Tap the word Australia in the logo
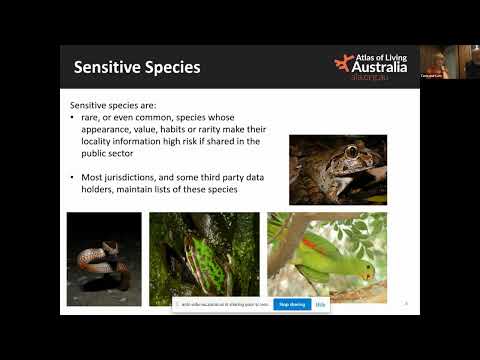coord(384,67)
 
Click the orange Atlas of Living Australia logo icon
coord(343,63)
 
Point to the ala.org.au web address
coord(376,79)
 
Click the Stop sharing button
coord(291,304)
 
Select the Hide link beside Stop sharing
coord(320,304)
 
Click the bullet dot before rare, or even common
coord(73,117)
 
